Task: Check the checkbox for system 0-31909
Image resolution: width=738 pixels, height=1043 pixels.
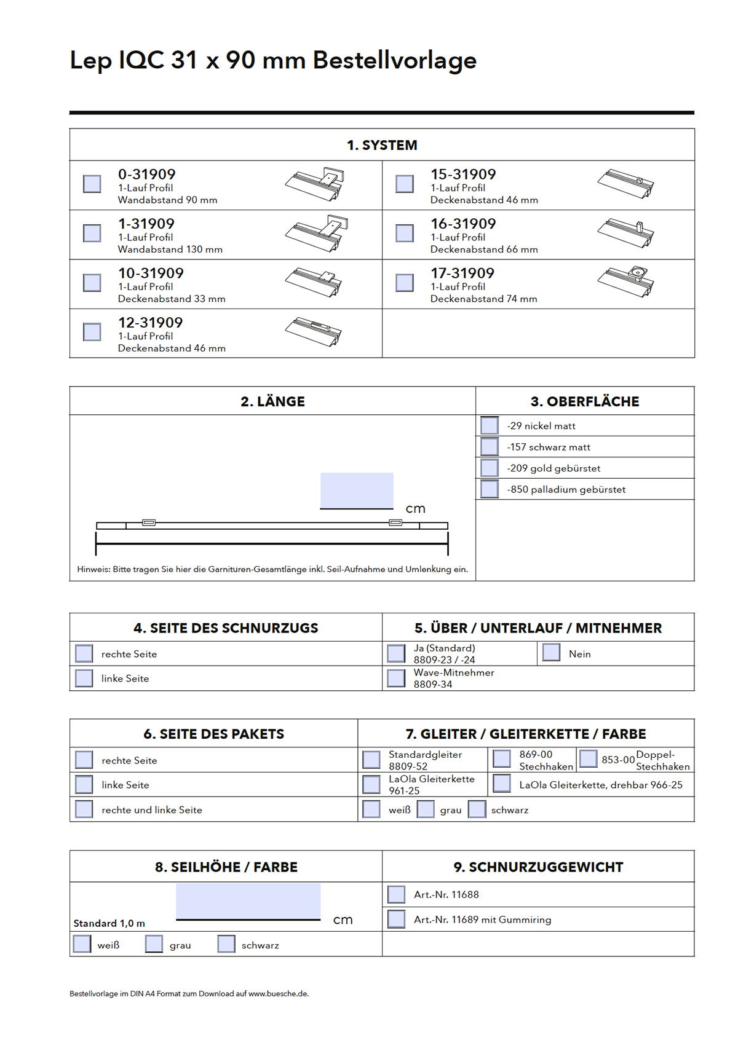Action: coord(92,184)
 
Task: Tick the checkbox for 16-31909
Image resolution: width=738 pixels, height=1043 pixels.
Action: coord(405,233)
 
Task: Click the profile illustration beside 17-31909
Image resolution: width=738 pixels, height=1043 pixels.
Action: coord(625,281)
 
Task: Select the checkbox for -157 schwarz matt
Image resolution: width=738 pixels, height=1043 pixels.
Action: coord(490,447)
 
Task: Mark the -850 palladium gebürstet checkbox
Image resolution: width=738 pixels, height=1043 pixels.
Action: coord(490,489)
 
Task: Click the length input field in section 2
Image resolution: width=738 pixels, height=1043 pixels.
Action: coord(357,490)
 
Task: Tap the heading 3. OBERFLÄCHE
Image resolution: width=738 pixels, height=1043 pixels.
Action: coord(585,401)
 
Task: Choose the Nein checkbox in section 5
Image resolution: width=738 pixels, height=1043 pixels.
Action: coord(552,653)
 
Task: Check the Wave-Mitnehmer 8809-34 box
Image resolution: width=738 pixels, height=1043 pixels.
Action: coord(397,678)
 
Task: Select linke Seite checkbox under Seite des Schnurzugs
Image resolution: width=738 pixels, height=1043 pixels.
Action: coord(84,678)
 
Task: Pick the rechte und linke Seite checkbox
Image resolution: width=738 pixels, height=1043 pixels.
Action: coord(84,809)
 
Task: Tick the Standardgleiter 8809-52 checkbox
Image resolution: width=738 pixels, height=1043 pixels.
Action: coord(371,760)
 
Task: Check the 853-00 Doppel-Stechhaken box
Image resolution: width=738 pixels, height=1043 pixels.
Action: coord(589,758)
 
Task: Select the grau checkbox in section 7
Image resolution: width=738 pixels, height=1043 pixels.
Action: coord(426,809)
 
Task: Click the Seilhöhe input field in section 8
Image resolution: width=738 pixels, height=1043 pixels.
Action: coord(248,901)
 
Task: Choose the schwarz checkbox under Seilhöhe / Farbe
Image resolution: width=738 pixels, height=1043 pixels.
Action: coord(226,944)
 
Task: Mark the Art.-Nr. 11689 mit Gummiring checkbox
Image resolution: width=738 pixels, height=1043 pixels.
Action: coord(397,919)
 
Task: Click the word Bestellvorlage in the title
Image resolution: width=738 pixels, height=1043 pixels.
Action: coord(394,60)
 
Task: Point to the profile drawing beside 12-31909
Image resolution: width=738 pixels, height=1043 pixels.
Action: coord(313,332)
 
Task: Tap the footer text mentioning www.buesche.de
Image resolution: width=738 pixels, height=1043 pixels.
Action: coord(189,994)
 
